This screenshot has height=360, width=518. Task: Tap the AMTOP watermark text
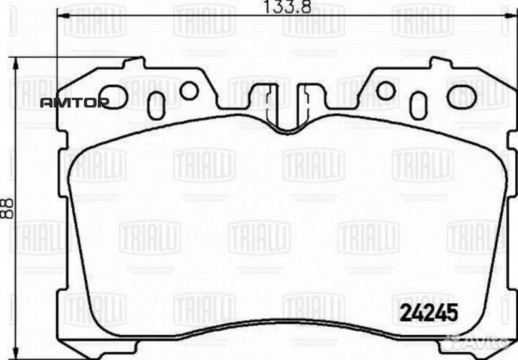[x=73, y=103]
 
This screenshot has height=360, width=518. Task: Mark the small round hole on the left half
[x=189, y=91]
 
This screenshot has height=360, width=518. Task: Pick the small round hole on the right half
[x=386, y=91]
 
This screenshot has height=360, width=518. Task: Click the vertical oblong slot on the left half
[x=156, y=105]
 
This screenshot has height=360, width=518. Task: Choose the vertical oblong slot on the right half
[x=419, y=105]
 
